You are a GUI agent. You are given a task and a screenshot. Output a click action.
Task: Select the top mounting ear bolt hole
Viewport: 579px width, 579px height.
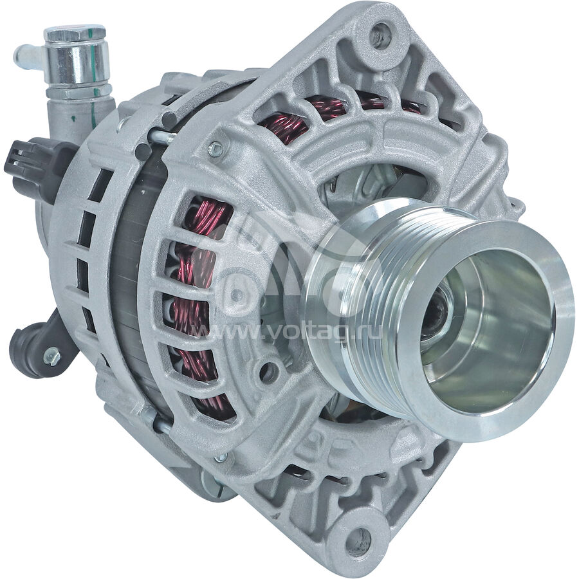[381, 35]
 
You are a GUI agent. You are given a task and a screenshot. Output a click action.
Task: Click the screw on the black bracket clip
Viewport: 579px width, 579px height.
[51, 356]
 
